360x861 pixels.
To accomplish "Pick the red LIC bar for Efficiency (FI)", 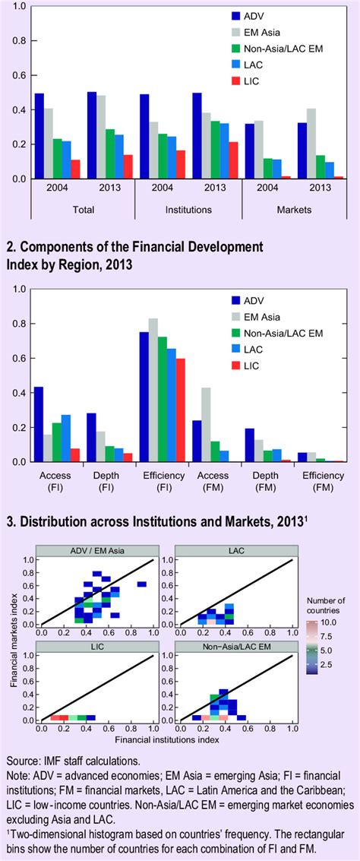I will pyautogui.click(x=180, y=410).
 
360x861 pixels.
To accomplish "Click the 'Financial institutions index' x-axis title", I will pyautogui.click(x=165, y=738).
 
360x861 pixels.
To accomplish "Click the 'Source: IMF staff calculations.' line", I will pyautogui.click(x=74, y=761).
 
